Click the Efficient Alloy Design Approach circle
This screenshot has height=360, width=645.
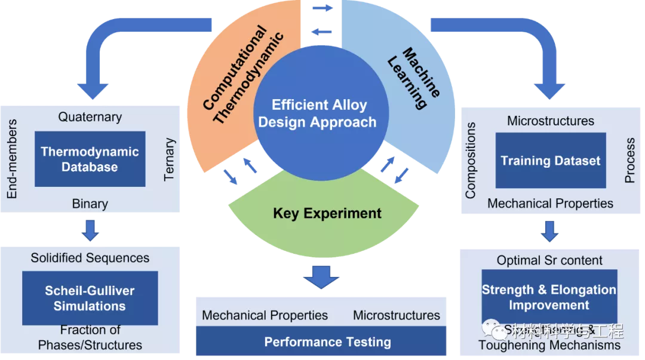tap(317, 113)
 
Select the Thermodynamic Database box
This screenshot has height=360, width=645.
tap(90, 159)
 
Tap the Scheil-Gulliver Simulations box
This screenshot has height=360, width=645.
tap(90, 298)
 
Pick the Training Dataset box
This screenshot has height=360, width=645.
tap(550, 161)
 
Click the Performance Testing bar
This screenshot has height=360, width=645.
tap(327, 342)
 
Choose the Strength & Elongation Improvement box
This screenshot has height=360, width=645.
tap(549, 297)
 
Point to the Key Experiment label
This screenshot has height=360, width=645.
tap(327, 213)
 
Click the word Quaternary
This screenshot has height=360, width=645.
tap(90, 117)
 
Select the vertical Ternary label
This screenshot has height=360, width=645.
tap(170, 159)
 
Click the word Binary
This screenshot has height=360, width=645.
tap(90, 204)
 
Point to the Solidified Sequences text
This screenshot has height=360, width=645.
tap(90, 258)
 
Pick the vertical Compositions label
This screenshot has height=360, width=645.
tap(471, 160)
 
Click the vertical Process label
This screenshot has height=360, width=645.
tap(629, 160)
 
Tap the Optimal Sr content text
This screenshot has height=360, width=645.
tap(549, 260)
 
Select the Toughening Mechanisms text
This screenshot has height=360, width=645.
tap(549, 345)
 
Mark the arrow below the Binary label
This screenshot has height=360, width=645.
tap(90, 230)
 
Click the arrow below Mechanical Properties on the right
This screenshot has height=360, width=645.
tap(549, 230)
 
